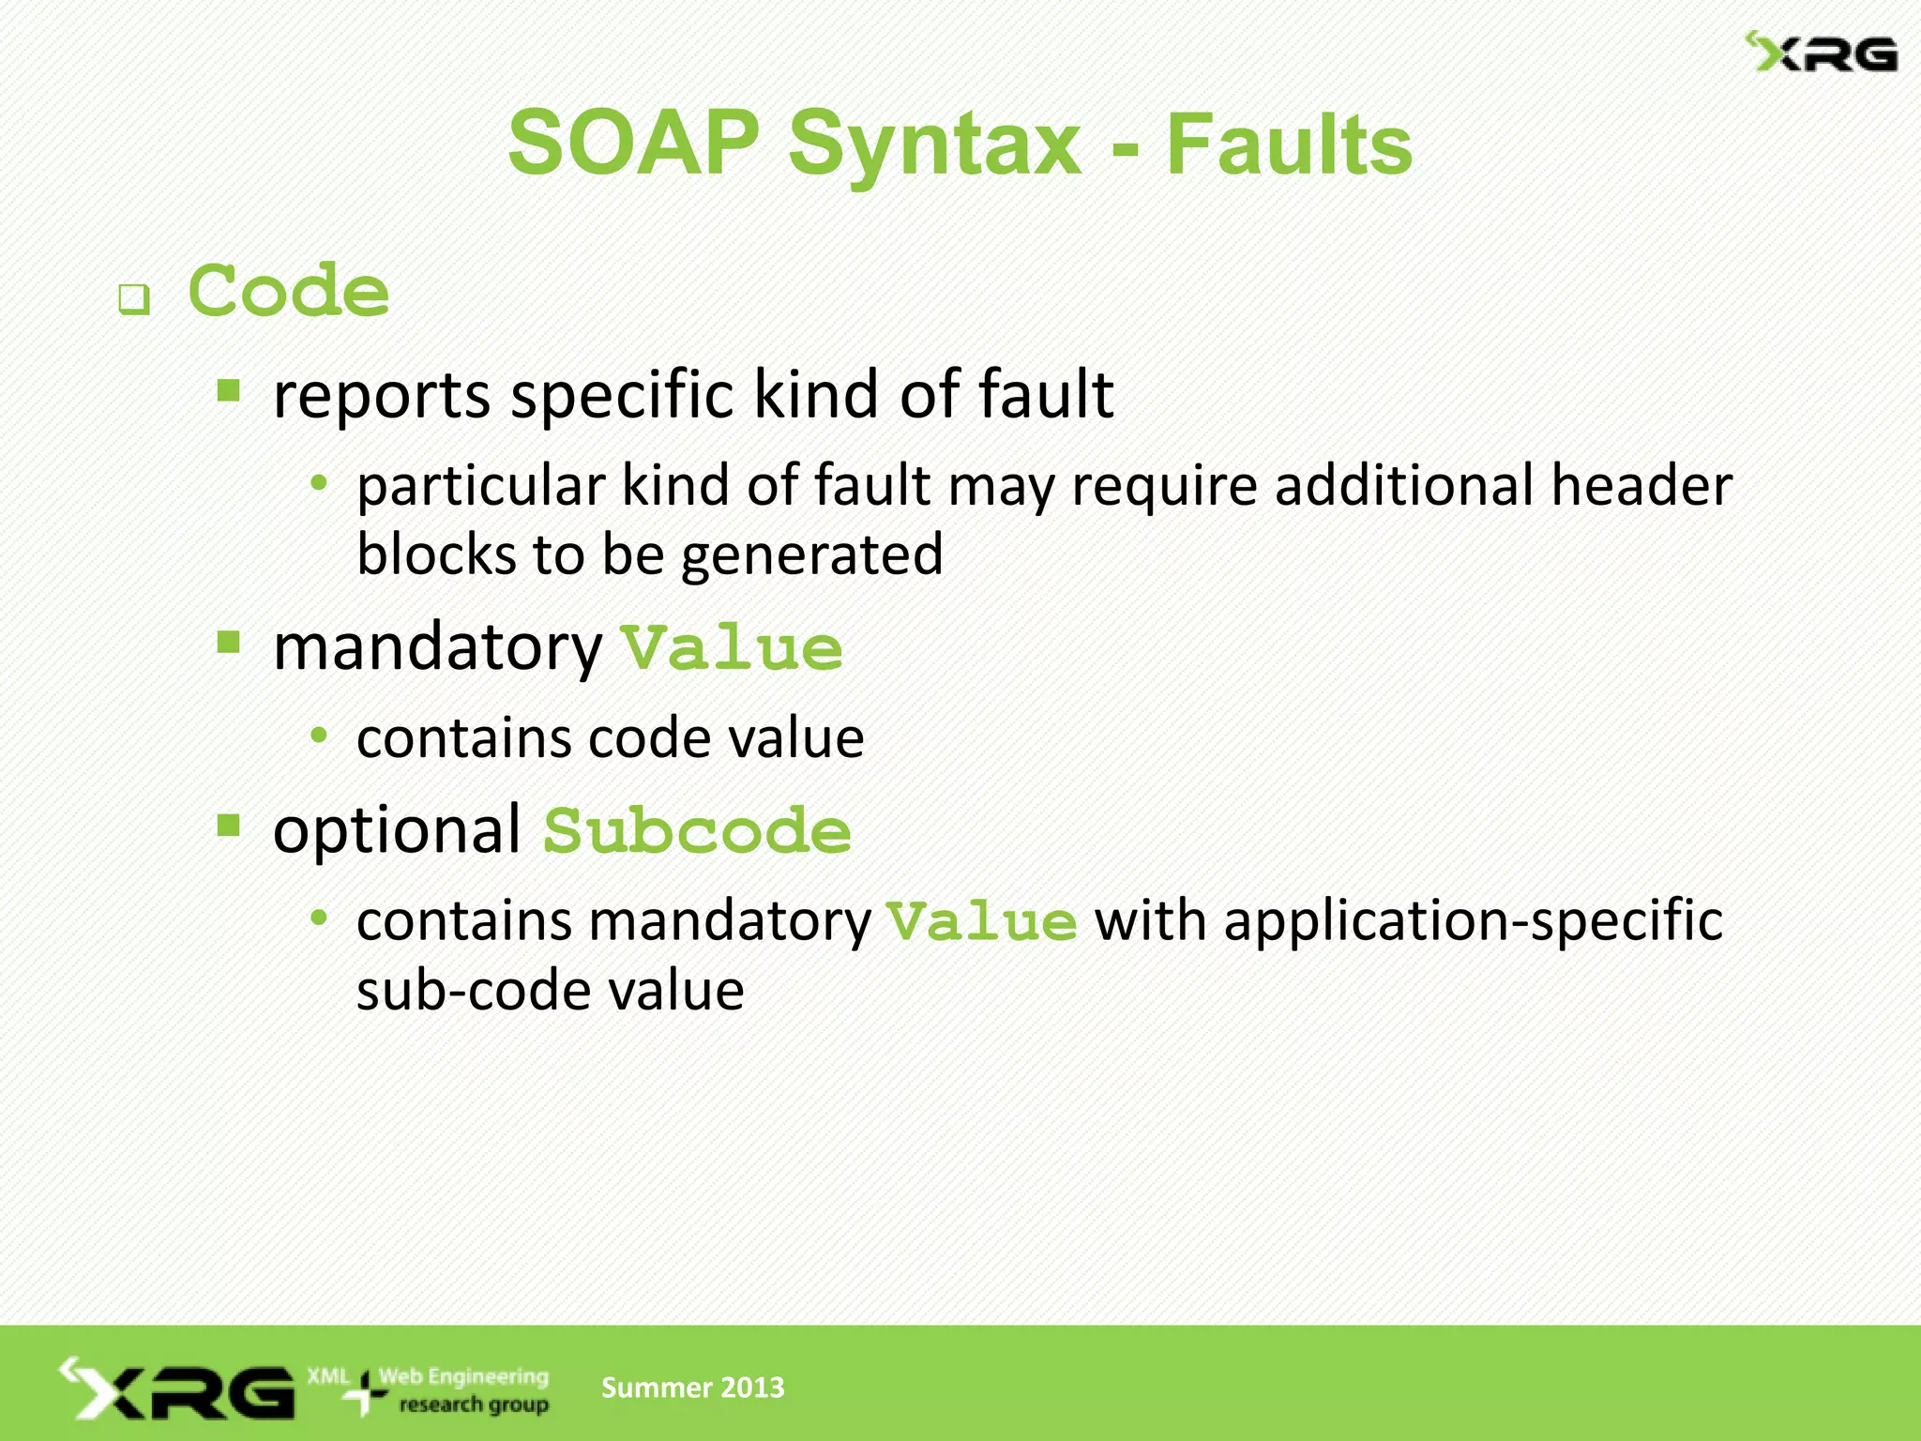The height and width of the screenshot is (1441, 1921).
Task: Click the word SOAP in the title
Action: point(633,144)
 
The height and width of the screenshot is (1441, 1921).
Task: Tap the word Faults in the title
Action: point(1289,145)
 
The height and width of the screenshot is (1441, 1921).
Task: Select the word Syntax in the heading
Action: point(935,145)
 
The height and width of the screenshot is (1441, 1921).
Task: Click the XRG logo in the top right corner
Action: point(1820,53)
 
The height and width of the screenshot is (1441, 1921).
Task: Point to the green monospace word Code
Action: point(289,292)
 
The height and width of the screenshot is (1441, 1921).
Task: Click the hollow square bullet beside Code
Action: point(134,300)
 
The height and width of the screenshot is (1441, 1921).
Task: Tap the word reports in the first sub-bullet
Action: point(382,395)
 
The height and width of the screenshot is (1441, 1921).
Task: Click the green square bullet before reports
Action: point(229,389)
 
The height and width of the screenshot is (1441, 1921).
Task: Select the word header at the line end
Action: point(1641,486)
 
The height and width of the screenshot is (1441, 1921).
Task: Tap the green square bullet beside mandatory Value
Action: point(229,643)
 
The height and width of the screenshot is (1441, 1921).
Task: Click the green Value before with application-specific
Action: point(982,922)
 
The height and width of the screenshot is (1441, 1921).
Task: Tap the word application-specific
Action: point(1474,921)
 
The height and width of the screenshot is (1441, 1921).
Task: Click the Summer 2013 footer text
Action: point(692,1388)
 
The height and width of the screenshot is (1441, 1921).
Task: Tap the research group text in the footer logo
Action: point(473,1404)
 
